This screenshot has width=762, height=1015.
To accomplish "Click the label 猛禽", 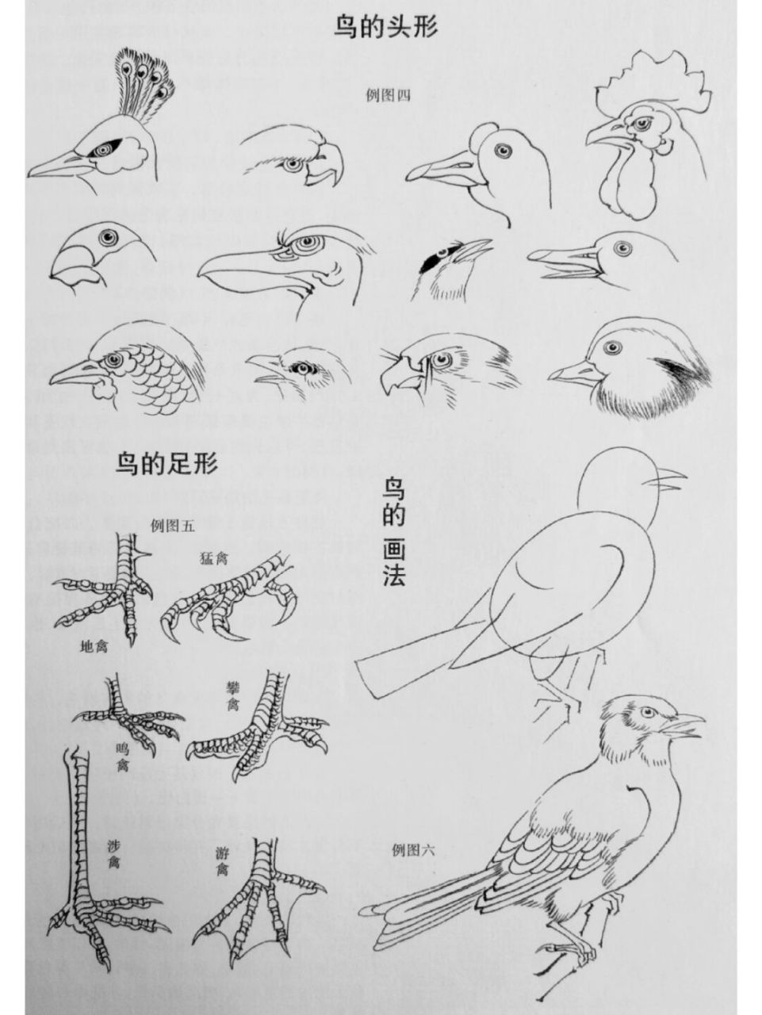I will [x=215, y=557].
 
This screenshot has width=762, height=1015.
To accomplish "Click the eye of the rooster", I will [x=639, y=124].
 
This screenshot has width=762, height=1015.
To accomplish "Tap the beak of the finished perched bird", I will [x=685, y=724].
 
